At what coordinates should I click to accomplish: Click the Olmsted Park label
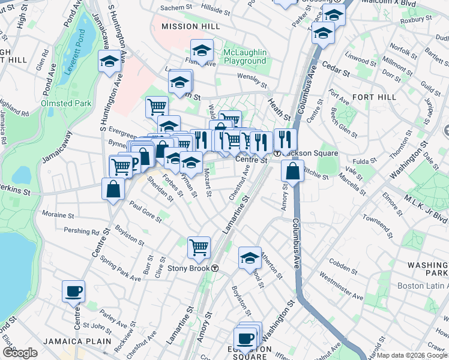(x=66, y=103)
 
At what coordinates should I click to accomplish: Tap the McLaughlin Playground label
(x=244, y=56)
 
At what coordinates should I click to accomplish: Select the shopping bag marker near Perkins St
(x=113, y=190)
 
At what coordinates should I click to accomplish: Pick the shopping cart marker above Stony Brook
(x=199, y=246)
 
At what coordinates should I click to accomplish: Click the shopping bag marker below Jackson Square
(x=292, y=170)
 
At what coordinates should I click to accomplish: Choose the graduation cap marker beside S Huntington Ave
(x=110, y=61)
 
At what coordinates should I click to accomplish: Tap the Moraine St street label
(x=58, y=214)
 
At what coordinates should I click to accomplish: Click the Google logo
(x=20, y=353)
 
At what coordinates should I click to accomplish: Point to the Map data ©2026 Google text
(x=412, y=355)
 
